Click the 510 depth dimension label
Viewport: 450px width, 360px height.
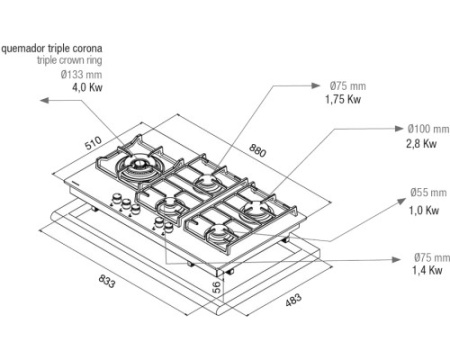coord(93,143)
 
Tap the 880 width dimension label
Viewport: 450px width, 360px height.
coord(258,151)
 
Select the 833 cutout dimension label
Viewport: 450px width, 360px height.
coord(107,281)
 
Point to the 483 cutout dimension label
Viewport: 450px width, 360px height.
coord(293,299)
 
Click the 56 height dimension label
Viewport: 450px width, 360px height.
coord(216,287)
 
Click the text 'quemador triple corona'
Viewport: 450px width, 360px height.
coord(52,48)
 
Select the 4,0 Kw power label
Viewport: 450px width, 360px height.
coord(87,87)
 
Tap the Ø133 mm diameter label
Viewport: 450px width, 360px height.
coord(81,74)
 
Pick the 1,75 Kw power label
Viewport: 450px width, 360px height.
coord(343,99)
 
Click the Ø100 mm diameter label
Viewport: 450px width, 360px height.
coord(428,129)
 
